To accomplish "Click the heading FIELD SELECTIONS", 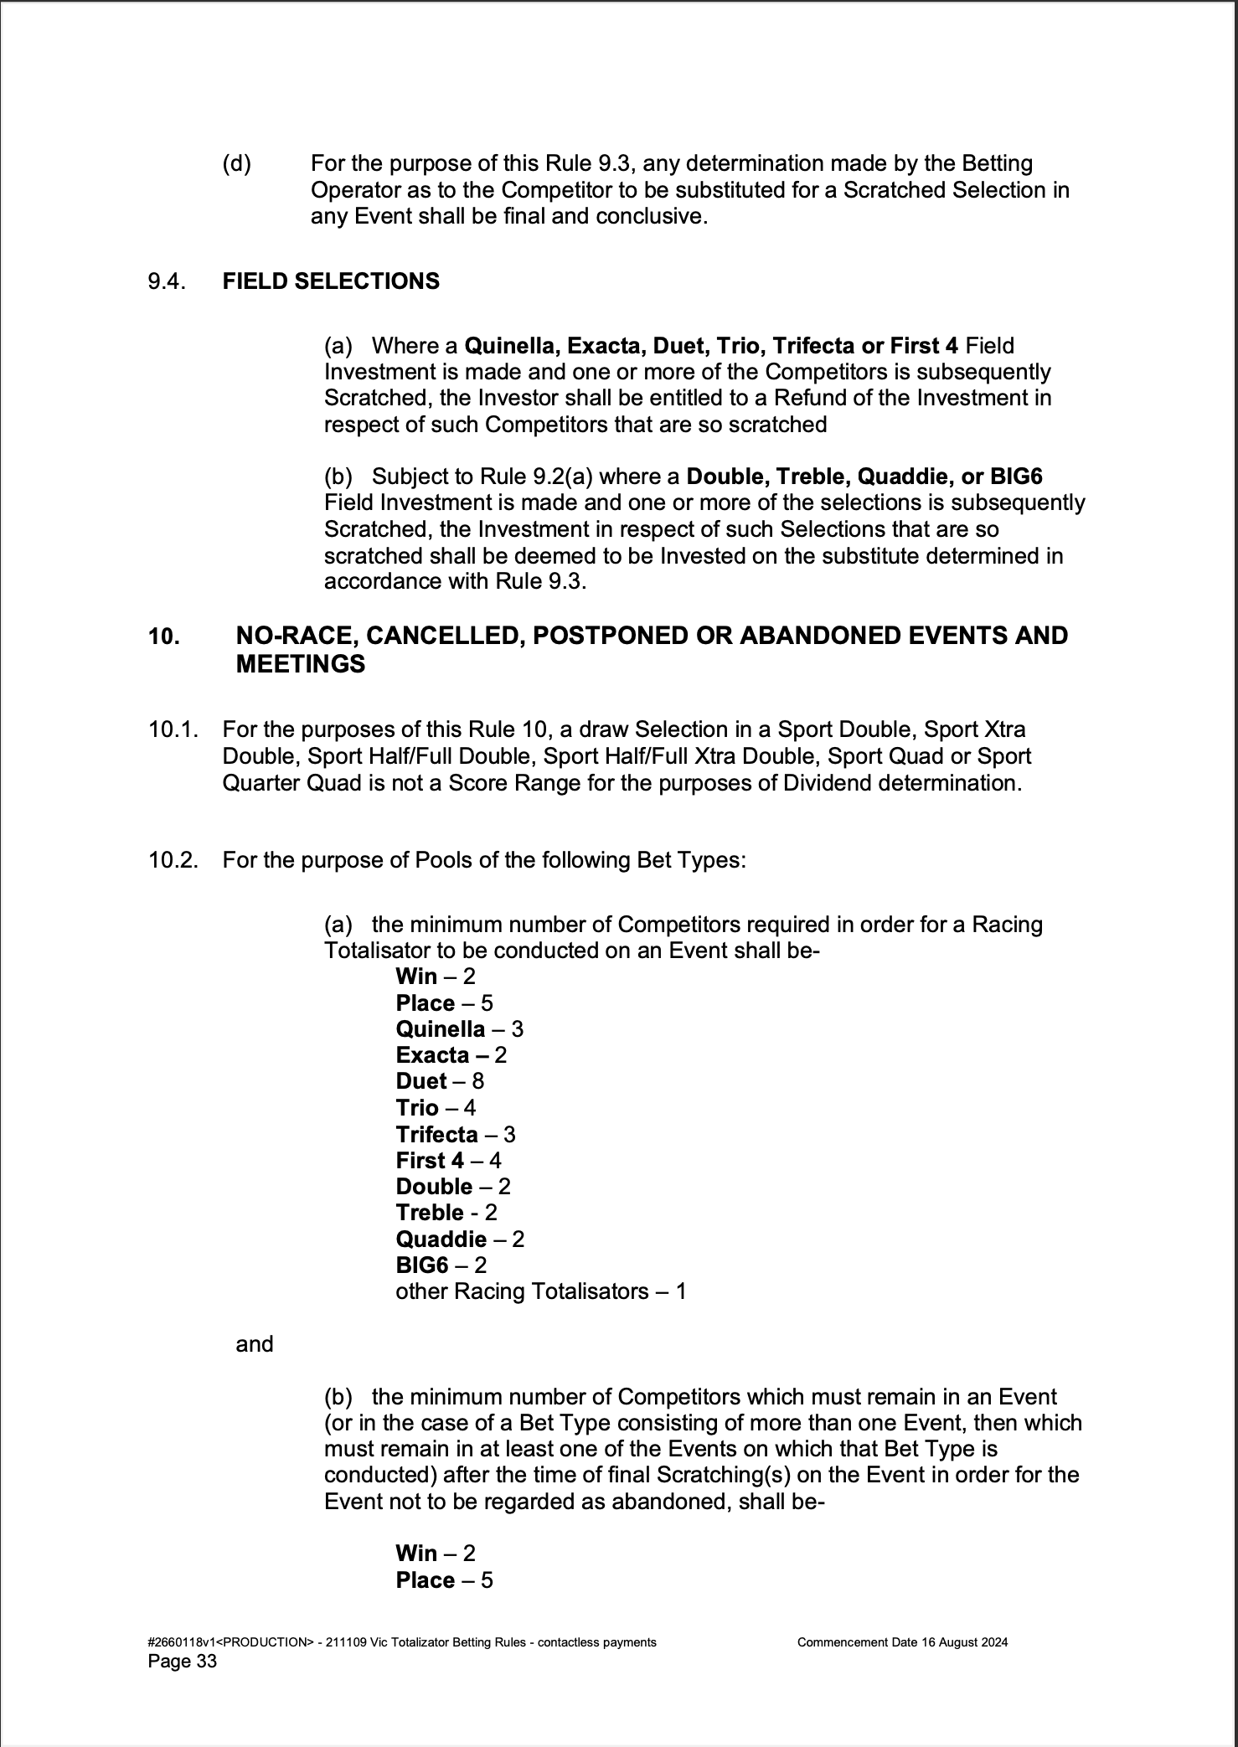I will (331, 281).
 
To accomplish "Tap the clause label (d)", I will (236, 163).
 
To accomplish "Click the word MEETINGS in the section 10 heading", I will (301, 664).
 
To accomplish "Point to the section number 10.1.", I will (173, 729).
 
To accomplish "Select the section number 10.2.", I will (173, 860).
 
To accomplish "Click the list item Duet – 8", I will (440, 1081).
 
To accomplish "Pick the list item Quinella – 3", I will (459, 1029).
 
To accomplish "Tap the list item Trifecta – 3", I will (456, 1135).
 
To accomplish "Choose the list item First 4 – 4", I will (448, 1161).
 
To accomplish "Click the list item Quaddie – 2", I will (460, 1239).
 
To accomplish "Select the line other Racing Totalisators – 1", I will (540, 1291).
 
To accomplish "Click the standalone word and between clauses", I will (255, 1344).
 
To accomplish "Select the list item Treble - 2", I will (446, 1213).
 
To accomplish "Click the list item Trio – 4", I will (436, 1108).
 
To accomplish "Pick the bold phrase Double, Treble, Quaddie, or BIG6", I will (864, 477).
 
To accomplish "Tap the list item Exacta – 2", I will (451, 1055).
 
